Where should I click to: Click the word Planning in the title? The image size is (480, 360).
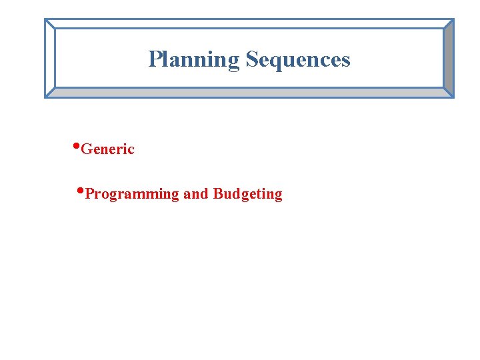tap(193, 60)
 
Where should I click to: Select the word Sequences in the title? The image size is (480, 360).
tap(297, 60)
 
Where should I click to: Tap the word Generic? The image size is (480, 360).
tap(107, 149)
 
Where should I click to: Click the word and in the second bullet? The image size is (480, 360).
tap(195, 194)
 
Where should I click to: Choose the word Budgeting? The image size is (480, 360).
tap(247, 195)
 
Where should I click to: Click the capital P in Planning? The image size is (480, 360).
tap(154, 59)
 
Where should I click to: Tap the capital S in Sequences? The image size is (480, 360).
tap(251, 59)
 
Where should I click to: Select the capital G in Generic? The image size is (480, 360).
tap(85, 149)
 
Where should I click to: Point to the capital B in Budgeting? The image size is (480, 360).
tap(217, 194)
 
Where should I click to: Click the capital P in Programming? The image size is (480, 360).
tap(90, 194)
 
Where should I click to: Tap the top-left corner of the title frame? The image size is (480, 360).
tap(45, 19)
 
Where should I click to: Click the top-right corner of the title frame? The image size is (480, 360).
tap(453, 19)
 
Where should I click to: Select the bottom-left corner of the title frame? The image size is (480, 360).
tap(45, 97)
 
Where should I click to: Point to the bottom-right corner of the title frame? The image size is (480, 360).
tap(453, 97)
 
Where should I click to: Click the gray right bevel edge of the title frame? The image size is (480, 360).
tap(449, 59)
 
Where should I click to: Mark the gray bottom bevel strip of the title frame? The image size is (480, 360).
tap(249, 93)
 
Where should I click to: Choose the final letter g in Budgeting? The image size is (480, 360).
tap(278, 196)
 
